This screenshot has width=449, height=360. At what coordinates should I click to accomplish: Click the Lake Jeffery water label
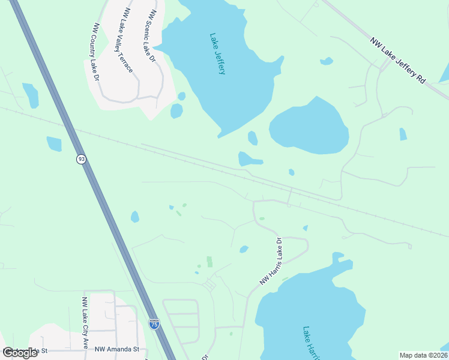pyautogui.click(x=217, y=53)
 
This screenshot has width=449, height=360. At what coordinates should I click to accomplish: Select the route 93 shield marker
pyautogui.click(x=81, y=159)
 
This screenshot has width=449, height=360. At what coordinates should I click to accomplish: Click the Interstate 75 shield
pyautogui.click(x=154, y=323)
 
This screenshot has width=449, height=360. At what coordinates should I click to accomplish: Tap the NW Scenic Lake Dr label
pyautogui.click(x=151, y=36)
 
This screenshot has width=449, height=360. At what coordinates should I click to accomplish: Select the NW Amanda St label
pyautogui.click(x=119, y=349)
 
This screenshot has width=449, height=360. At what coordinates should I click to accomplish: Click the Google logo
pyautogui.click(x=20, y=353)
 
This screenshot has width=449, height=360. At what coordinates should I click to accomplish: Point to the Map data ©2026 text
pyautogui.click(x=423, y=355)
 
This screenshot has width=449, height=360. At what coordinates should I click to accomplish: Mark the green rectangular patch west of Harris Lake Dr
pyautogui.click(x=209, y=262)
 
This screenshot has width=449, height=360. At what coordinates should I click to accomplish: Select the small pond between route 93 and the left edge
pyautogui.click(x=54, y=144)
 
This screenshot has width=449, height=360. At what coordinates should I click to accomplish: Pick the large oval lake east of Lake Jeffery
pyautogui.click(x=309, y=125)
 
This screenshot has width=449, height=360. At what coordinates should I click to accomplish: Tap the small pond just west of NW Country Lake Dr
pyautogui.click(x=31, y=95)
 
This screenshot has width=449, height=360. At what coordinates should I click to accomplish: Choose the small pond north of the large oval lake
pyautogui.click(x=327, y=61)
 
